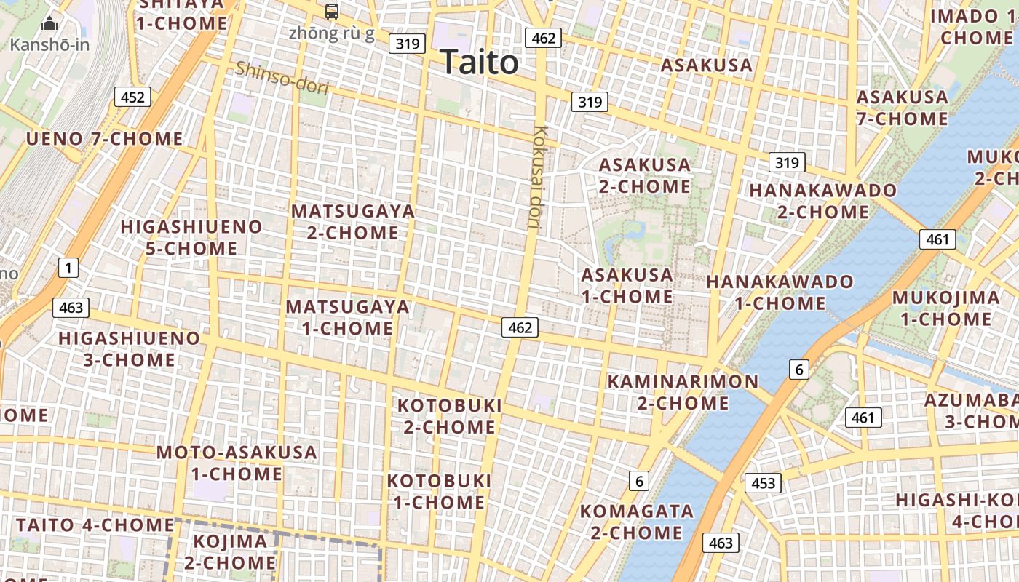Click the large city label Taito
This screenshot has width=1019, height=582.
tap(479, 63)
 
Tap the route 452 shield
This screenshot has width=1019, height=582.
tap(132, 97)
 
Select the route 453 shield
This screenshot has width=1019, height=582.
tap(763, 482)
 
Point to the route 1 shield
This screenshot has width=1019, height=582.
tap(68, 268)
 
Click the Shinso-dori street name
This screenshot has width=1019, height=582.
tap(282, 78)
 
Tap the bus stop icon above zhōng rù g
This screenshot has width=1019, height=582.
tap(332, 11)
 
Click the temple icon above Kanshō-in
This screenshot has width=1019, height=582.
tap(49, 24)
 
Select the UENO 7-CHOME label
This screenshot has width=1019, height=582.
tap(105, 138)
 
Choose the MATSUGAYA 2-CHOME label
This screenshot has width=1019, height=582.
tap(353, 222)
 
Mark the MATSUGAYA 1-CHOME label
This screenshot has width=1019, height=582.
tap(348, 317)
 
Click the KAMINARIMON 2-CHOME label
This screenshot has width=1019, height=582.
tap(683, 392)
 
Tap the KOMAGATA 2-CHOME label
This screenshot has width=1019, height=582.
tap(636, 522)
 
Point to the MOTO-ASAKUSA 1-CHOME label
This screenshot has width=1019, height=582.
tap(237, 463)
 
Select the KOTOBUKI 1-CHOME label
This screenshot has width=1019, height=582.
tap(439, 491)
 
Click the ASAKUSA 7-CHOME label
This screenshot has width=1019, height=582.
tap(902, 108)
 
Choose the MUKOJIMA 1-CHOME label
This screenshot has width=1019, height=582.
tap(945, 308)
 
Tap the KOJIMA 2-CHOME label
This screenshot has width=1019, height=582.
tap(230, 551)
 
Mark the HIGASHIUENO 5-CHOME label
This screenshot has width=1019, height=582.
tap(191, 237)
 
